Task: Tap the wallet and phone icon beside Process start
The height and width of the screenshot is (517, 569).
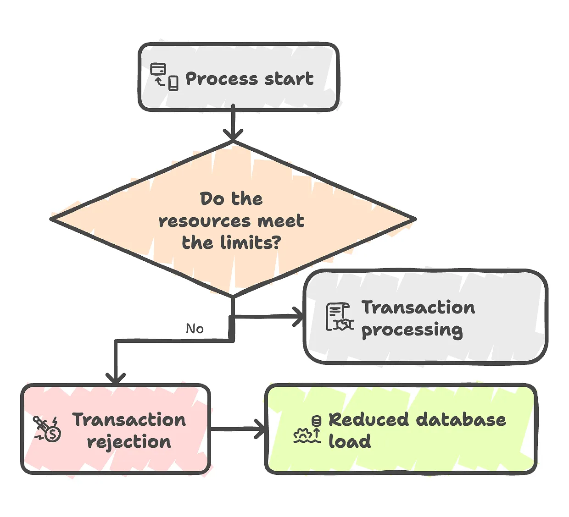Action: [x=164, y=77]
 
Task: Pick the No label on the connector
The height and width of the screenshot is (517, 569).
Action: [x=195, y=329]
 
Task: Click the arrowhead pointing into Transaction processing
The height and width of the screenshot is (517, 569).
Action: [x=298, y=317]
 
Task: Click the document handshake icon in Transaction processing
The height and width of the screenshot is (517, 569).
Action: [x=340, y=317]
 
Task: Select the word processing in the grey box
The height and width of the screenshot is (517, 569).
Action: [x=412, y=330]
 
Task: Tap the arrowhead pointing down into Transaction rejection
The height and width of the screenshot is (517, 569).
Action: [x=116, y=378]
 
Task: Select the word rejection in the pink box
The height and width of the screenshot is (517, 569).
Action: [x=129, y=442]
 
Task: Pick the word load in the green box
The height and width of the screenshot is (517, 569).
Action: [x=350, y=441]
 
